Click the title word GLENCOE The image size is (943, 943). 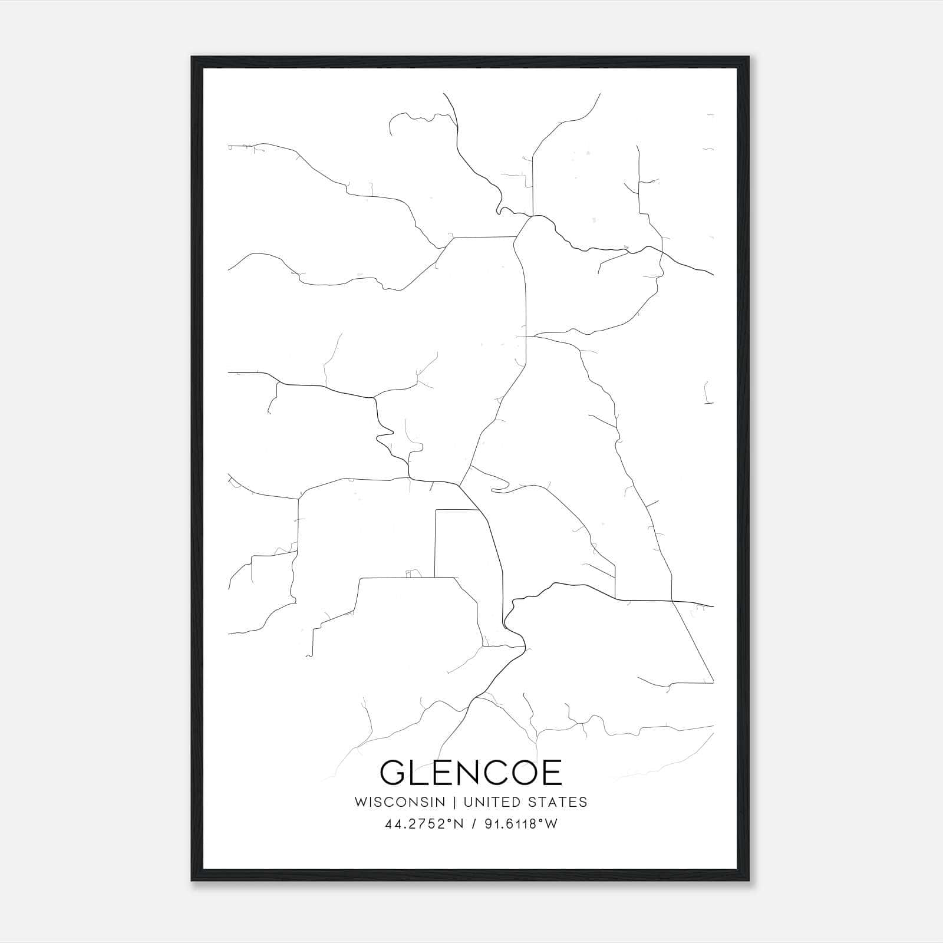[x=471, y=773]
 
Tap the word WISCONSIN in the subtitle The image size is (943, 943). [x=399, y=802]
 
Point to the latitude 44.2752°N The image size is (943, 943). [x=424, y=824]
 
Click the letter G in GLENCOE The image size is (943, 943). [x=393, y=773]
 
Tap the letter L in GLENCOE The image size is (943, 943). [x=419, y=773]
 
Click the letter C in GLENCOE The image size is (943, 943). [x=494, y=773]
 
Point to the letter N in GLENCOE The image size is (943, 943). [x=466, y=773]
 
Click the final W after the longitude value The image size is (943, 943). [x=552, y=824]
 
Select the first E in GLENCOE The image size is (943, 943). [x=441, y=773]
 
